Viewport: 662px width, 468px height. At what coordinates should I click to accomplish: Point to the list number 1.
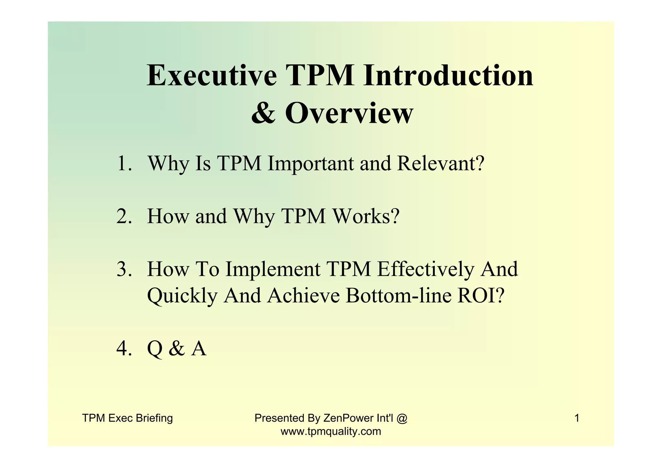[124, 164]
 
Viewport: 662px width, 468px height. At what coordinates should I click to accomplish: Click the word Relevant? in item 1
[441, 164]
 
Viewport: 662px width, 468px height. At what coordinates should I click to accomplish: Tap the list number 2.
[124, 216]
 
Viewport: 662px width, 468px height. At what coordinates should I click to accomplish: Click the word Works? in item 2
[366, 216]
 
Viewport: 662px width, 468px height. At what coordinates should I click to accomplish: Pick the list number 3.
[124, 269]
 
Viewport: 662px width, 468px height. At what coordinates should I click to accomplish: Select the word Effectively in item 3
[425, 269]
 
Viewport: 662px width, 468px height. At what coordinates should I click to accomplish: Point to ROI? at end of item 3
[481, 296]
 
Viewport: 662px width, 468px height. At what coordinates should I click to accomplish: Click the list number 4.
[124, 349]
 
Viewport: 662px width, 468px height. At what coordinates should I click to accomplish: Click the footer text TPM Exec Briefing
[127, 418]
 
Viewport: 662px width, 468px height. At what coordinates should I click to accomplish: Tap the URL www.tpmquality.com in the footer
[331, 431]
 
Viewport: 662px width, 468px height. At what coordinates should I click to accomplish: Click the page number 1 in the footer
[577, 418]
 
